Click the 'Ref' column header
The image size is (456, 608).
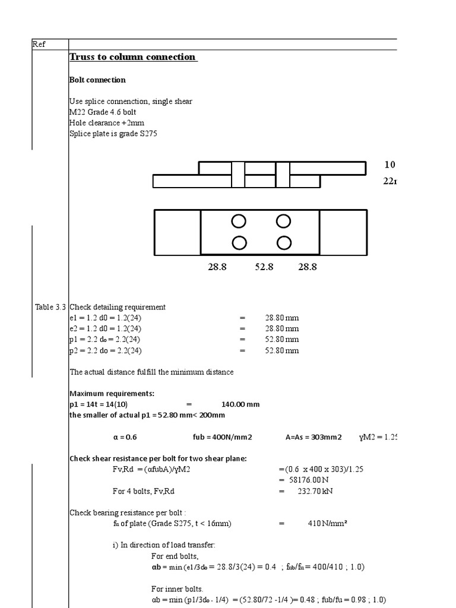tap(39, 44)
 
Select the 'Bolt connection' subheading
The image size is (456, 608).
tap(97, 80)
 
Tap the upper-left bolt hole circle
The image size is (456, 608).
tap(239, 221)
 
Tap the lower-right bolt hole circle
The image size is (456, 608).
tap(284, 243)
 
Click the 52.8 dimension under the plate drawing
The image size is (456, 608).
tap(264, 267)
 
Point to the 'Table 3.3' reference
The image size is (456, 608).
tap(50, 307)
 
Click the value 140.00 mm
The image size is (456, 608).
tap(240, 404)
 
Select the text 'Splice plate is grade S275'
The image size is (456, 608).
tap(113, 134)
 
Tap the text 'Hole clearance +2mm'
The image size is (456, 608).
tap(107, 123)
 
